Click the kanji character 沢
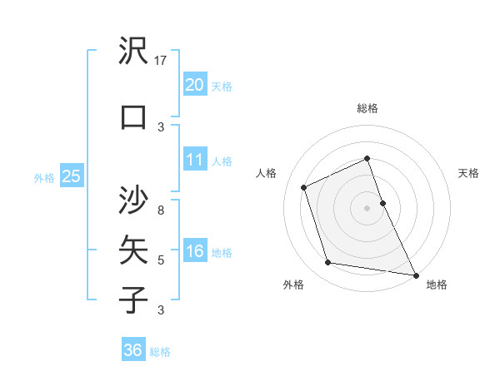pyautogui.click(x=134, y=52)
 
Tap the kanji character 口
pyautogui.click(x=134, y=117)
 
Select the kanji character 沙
pyautogui.click(x=134, y=200)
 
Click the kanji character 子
pyautogui.click(x=134, y=300)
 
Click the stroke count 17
pyautogui.click(x=162, y=61)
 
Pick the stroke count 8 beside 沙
pyautogui.click(x=162, y=210)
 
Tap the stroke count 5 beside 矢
pyautogui.click(x=162, y=260)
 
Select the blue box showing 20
pyautogui.click(x=194, y=85)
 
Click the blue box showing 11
pyautogui.click(x=194, y=160)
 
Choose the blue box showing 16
pyautogui.click(x=194, y=251)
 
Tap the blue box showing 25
pyautogui.click(x=71, y=176)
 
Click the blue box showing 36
pyautogui.click(x=132, y=350)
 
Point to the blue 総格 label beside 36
pyautogui.click(x=160, y=352)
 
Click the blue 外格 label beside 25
pyautogui.click(x=44, y=177)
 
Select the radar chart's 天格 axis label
pyautogui.click(x=468, y=173)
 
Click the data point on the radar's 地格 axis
pyautogui.click(x=415, y=274)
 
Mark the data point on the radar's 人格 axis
pyautogui.click(x=304, y=187)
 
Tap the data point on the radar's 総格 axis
pyautogui.click(x=367, y=159)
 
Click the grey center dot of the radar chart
pyautogui.click(x=367, y=207)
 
